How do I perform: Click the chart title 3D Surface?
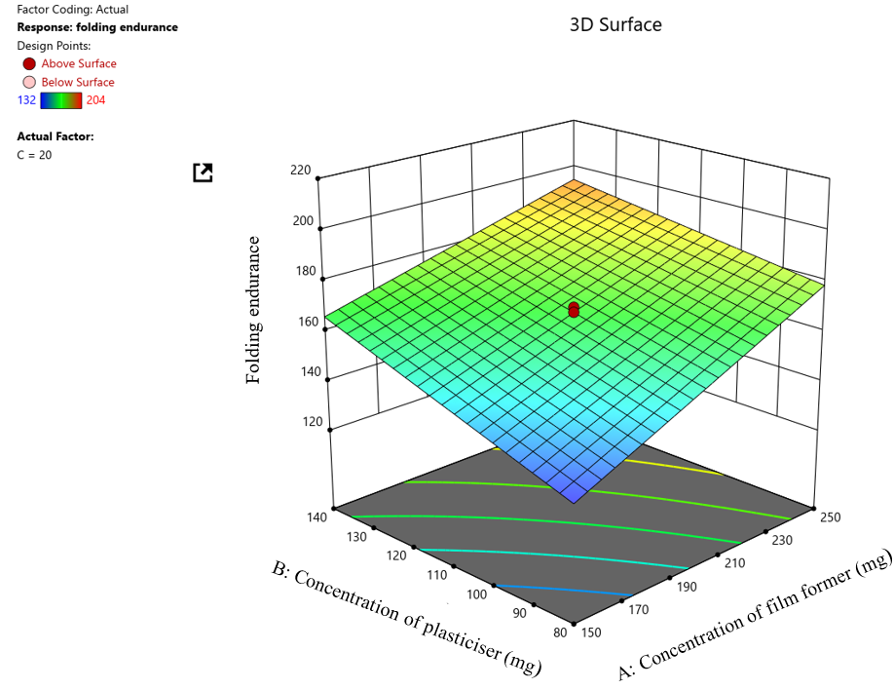click(615, 24)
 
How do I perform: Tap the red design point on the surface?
click(574, 310)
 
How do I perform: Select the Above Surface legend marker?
click(29, 63)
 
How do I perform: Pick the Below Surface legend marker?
click(29, 82)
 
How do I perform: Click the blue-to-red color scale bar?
click(61, 99)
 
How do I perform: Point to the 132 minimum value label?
click(27, 99)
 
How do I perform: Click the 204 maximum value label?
click(95, 99)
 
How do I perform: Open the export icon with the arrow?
click(203, 172)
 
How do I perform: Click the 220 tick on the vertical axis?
click(300, 171)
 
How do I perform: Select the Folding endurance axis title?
click(254, 310)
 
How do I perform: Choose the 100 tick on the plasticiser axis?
click(476, 593)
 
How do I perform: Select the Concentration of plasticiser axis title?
click(407, 614)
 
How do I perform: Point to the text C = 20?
click(35, 155)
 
